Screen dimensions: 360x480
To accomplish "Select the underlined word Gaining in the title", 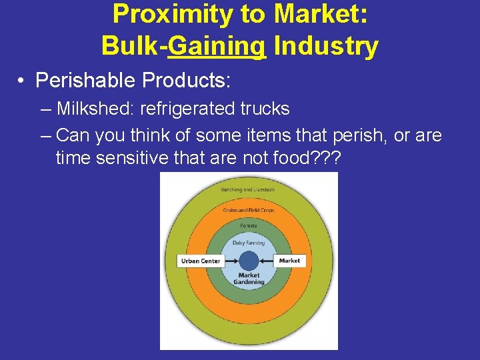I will click(217, 46).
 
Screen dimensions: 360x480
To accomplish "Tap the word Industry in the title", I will click(326, 46).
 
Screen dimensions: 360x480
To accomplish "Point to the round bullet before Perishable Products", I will click(22, 81).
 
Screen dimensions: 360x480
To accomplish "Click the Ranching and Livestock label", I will click(247, 190).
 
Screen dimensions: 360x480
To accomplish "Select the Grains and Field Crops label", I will click(248, 211).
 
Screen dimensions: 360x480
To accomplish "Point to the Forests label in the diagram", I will click(248, 225).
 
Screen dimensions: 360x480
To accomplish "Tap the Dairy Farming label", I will click(248, 243).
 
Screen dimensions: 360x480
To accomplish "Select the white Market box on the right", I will click(289, 261).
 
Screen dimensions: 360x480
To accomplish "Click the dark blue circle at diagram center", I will click(248, 261).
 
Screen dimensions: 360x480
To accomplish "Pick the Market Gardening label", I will click(249, 278).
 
